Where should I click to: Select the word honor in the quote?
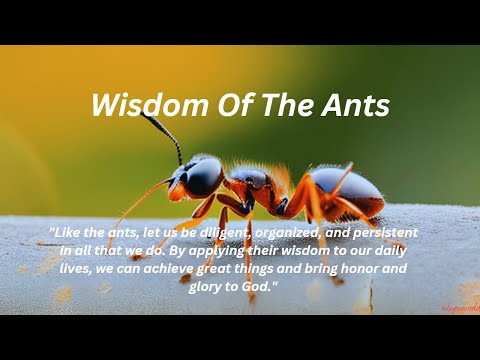click(x=380, y=268)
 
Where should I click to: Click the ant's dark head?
click(x=203, y=178)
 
